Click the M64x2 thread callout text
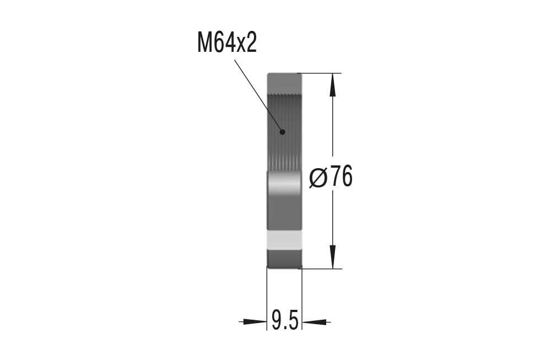pos(227,43)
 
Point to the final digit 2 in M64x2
pos(251,43)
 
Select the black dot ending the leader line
pos(282,131)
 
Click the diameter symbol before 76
pos(319,178)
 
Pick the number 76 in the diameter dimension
pos(342,178)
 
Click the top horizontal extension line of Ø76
pos(320,73)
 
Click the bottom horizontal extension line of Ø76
pos(320,269)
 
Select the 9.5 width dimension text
pos(285,320)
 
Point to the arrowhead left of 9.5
pos(253,321)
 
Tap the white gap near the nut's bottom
pos(284,240)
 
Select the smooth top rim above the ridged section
pos(284,83)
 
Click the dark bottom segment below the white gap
pos(284,258)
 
